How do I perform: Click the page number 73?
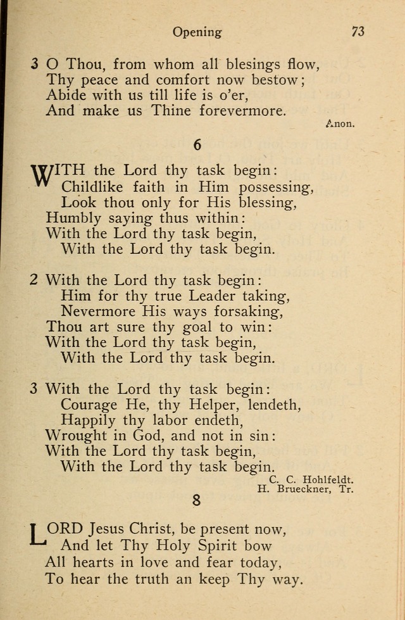[358, 31]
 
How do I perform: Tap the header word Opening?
[197, 32]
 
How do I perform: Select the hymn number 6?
[197, 145]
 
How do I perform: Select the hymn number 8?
[197, 500]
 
